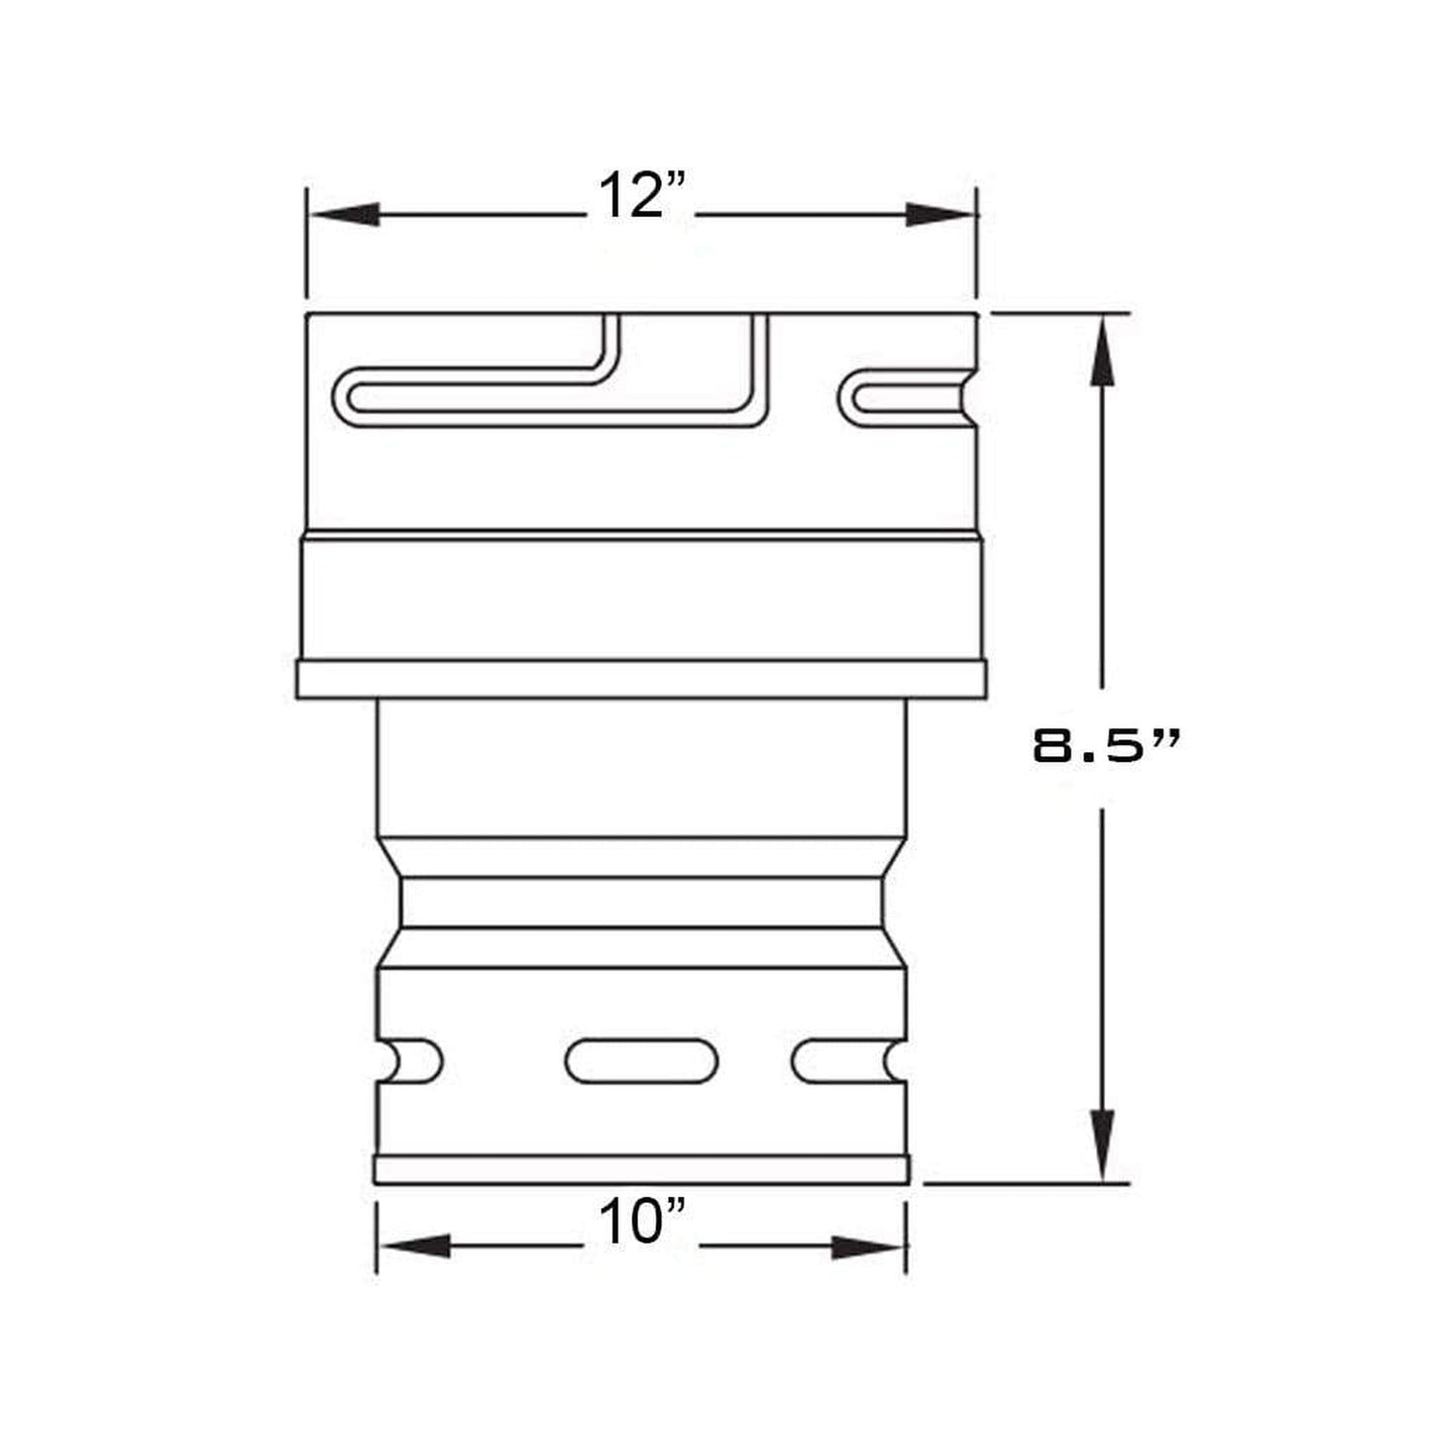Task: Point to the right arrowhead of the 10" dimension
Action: (x=868, y=1247)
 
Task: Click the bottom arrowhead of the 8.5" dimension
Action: (x=1102, y=1145)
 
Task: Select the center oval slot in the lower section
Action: (x=641, y=1061)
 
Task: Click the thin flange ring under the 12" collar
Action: (x=641, y=680)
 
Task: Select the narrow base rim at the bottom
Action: (x=641, y=1170)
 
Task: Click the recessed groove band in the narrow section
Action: (x=641, y=903)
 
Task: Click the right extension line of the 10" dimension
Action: (x=907, y=1239)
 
